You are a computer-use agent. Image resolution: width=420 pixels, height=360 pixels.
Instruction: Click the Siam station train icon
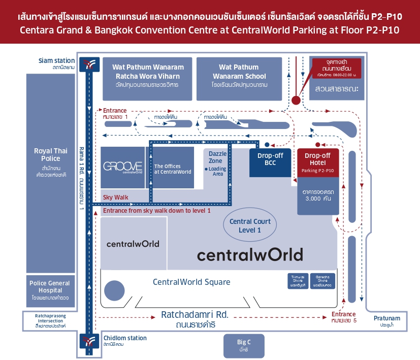tap(90, 63)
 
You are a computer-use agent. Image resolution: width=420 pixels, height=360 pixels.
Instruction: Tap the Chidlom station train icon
tap(90, 341)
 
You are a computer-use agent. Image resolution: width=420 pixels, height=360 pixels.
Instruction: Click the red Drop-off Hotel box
tap(318, 162)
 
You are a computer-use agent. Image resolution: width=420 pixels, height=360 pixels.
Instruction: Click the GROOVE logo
tap(122, 167)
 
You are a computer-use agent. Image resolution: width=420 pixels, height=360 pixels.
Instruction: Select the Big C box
tap(244, 346)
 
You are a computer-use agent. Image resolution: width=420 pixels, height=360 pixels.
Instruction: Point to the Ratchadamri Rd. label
tap(195, 315)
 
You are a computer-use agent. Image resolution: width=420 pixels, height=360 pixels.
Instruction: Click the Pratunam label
tap(387, 318)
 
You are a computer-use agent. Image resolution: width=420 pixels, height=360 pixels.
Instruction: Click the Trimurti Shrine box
tap(297, 281)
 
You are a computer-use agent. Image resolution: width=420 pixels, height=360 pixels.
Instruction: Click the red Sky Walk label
tap(116, 197)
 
